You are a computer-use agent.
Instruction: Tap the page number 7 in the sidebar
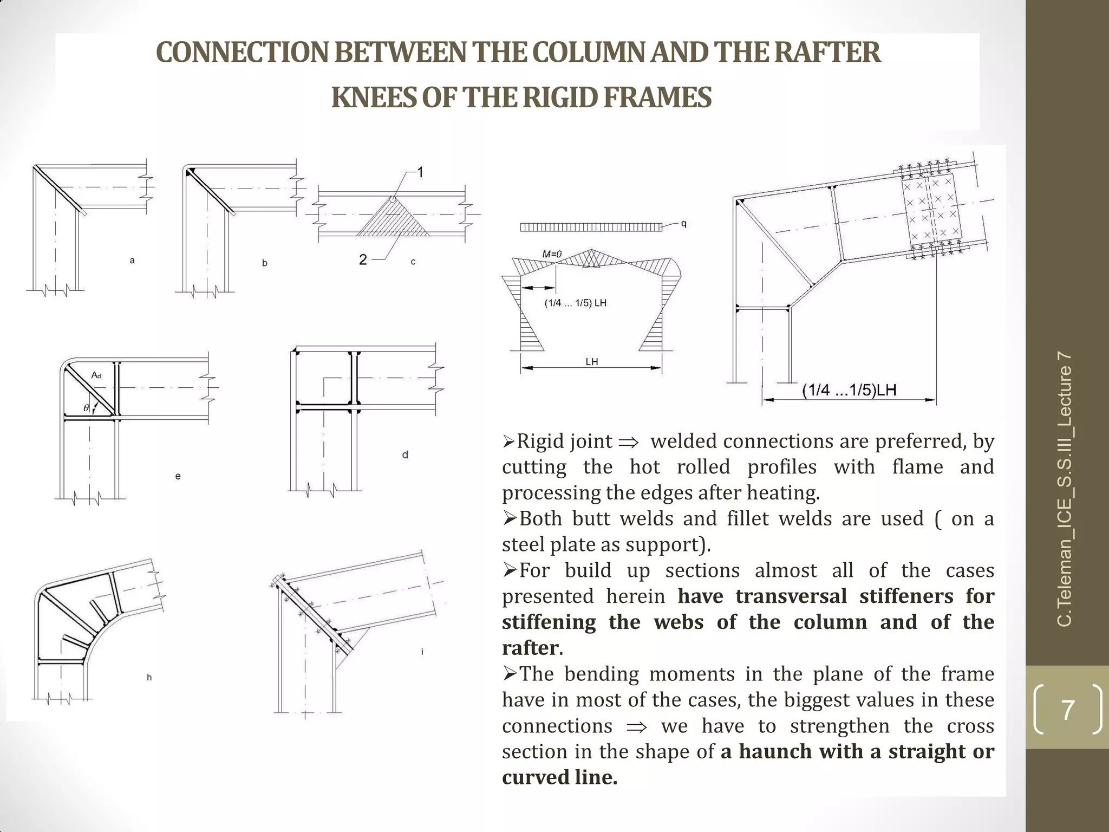tap(1067, 710)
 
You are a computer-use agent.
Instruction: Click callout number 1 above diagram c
tap(420, 173)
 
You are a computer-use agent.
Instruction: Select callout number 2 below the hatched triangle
tap(363, 260)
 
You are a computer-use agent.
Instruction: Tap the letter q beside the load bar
tap(684, 224)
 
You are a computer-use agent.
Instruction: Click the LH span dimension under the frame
tap(591, 362)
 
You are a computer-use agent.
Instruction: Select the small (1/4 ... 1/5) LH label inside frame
tap(575, 303)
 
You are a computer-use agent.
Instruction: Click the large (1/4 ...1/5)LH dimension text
tap(849, 390)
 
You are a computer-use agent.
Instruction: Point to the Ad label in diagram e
tap(96, 375)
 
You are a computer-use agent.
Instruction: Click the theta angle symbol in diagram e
tap(86, 408)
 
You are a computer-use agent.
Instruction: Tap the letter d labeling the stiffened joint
tap(405, 455)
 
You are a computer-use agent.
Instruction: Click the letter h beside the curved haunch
tap(149, 677)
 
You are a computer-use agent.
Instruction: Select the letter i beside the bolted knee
tap(422, 652)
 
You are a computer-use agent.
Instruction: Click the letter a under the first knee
tap(132, 261)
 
